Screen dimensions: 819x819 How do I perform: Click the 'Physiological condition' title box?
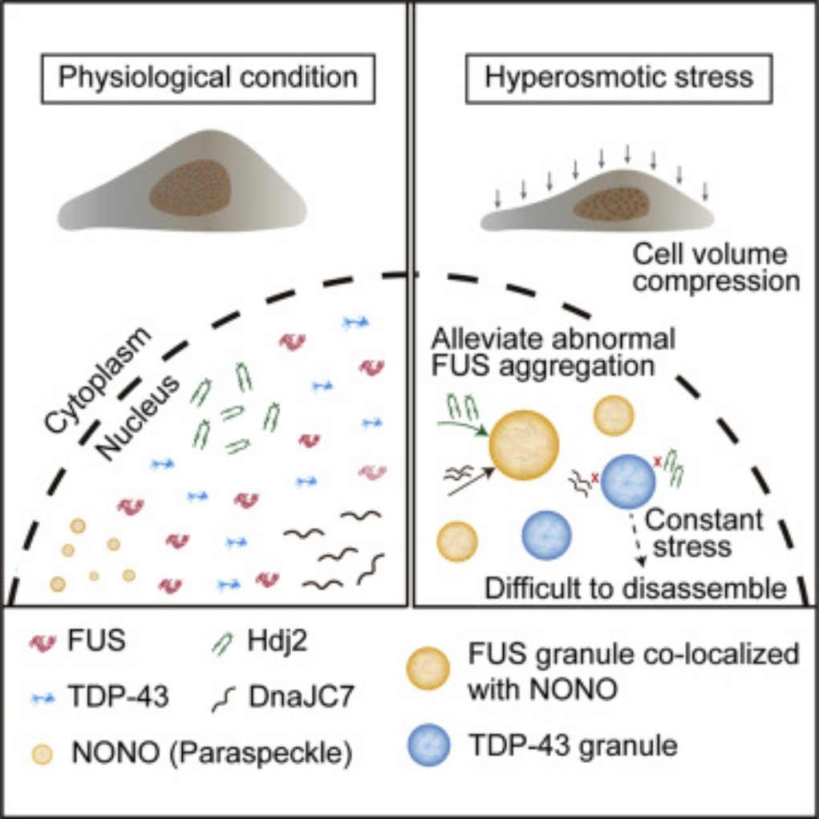point(208,78)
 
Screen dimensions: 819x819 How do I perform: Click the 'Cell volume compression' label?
point(716,268)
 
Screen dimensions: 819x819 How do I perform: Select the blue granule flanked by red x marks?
point(628,482)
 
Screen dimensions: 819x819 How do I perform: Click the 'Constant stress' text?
point(704,533)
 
